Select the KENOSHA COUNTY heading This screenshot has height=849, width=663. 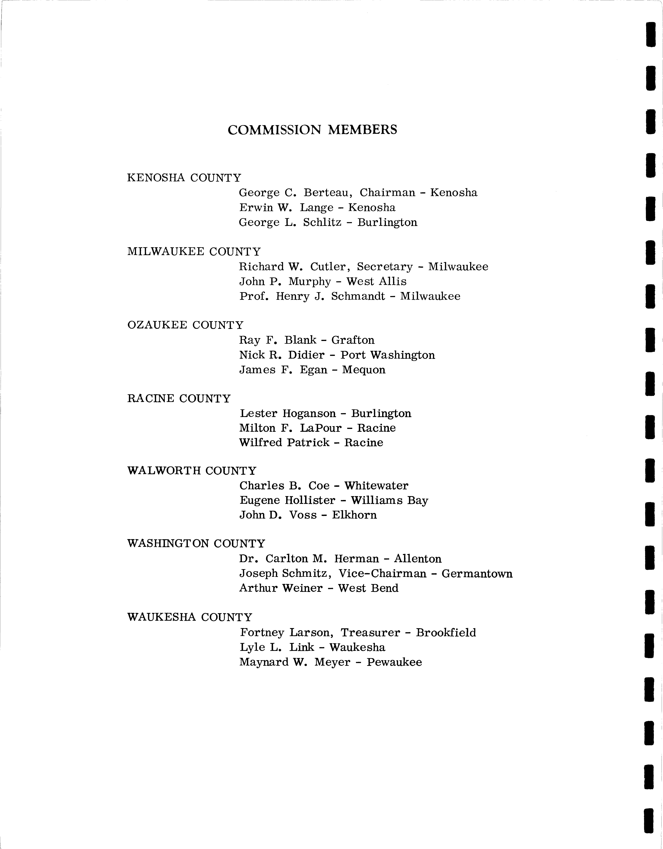click(184, 178)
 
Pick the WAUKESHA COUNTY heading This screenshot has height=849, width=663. click(190, 617)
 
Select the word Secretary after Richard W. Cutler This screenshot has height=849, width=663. click(385, 267)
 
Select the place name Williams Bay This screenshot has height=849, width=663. click(389, 501)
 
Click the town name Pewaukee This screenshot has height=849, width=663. click(394, 662)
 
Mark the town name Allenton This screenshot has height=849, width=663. click(418, 559)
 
